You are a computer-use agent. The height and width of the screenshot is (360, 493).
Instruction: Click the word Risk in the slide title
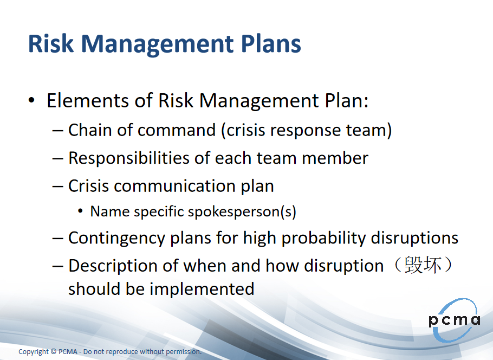(x=51, y=43)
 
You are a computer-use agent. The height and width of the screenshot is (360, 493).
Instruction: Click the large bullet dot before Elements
(x=31, y=100)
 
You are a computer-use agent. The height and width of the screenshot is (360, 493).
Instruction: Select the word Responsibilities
(x=129, y=158)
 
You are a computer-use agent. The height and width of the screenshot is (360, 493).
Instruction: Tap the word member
(x=335, y=158)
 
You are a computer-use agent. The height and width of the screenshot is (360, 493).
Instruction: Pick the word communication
(x=174, y=186)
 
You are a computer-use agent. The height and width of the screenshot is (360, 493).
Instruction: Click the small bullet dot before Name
(x=81, y=211)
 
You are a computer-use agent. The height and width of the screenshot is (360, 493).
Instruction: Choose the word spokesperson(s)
(x=242, y=212)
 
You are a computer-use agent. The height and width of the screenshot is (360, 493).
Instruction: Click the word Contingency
(x=116, y=238)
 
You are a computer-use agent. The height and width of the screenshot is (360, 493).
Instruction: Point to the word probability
(x=323, y=238)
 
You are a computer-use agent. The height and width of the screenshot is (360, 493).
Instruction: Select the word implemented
(x=202, y=289)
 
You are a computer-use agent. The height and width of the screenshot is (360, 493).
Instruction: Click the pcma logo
(x=455, y=320)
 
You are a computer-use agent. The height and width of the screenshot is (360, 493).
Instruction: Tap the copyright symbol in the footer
(x=53, y=351)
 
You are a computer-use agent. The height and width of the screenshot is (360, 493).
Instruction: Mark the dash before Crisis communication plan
(x=58, y=187)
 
